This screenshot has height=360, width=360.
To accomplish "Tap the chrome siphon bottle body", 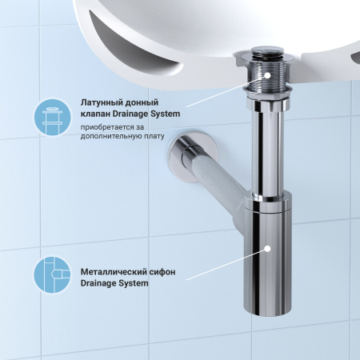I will point(269,264).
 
